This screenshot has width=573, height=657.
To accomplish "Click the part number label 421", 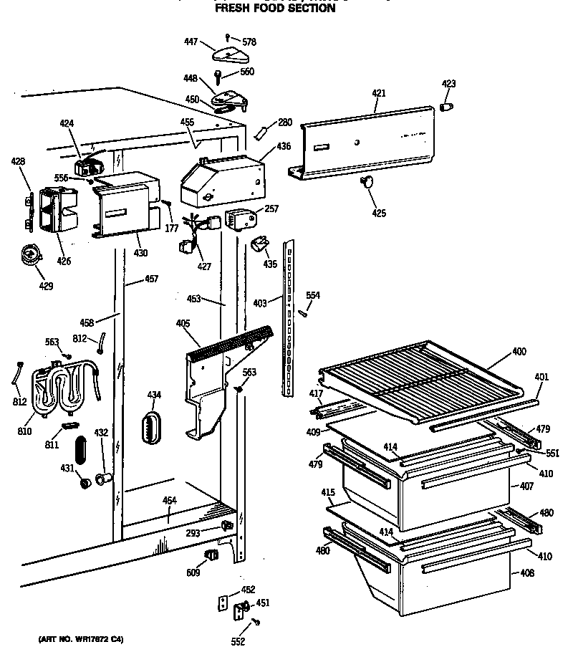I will click(x=379, y=93).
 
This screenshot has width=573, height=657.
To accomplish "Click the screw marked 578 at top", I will click(x=228, y=37).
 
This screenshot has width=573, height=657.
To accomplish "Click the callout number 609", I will click(x=193, y=574).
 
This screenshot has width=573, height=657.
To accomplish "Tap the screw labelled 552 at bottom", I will click(x=256, y=624).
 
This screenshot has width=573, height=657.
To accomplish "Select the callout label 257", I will click(x=271, y=208).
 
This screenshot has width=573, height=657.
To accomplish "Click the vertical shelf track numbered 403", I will click(x=289, y=315).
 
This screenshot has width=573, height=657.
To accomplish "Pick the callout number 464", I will click(x=170, y=500).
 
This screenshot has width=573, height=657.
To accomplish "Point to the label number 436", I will click(x=284, y=147).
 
